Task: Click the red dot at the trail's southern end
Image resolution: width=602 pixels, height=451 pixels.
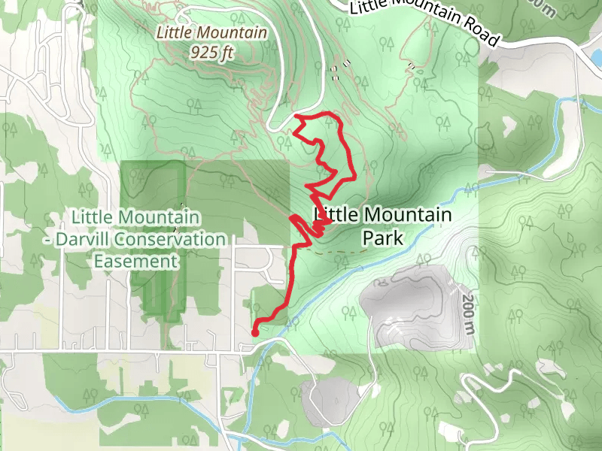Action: click(254, 332)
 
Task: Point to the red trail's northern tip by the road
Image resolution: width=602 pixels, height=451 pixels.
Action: click(299, 117)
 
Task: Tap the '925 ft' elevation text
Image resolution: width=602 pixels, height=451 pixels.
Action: click(211, 53)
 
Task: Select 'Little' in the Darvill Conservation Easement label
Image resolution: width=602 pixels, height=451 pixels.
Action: click(91, 218)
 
